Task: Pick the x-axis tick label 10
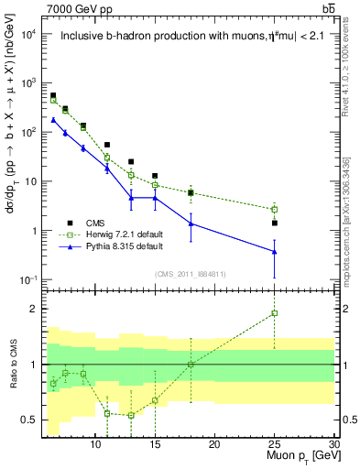coord(95,445)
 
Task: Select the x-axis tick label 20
coord(214,445)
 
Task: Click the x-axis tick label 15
coord(155,445)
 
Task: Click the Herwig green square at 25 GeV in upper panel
coord(274,210)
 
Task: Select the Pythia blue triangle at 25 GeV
coord(274,251)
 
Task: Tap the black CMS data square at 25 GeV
coord(274,223)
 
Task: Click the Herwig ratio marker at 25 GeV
coord(274,313)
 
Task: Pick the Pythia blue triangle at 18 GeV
coord(191,223)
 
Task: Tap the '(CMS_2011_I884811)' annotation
coord(190,273)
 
